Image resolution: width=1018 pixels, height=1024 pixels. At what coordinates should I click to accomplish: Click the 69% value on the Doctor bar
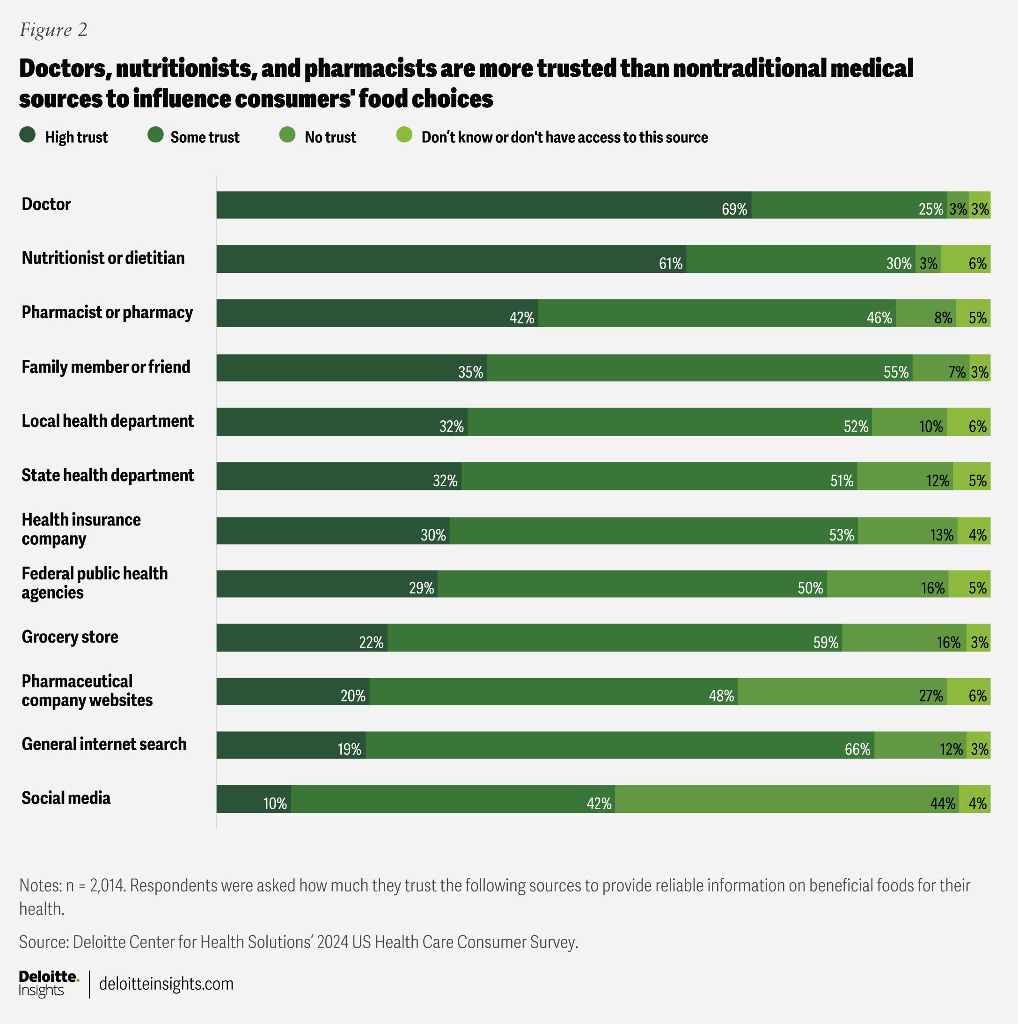(x=734, y=209)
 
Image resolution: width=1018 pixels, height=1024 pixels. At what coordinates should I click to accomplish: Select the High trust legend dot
(x=28, y=136)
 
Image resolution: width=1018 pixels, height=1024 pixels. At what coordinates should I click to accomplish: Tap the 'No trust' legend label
(x=330, y=137)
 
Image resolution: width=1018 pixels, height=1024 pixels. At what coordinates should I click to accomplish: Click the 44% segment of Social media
(x=787, y=799)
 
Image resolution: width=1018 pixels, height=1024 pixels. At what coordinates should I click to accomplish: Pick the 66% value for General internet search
(x=857, y=749)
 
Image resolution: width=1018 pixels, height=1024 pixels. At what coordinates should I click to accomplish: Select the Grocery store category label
(x=70, y=636)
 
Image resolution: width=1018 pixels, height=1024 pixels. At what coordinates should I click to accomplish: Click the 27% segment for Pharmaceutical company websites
(x=842, y=692)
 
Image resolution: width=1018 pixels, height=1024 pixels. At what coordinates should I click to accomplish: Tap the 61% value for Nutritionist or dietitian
(x=670, y=263)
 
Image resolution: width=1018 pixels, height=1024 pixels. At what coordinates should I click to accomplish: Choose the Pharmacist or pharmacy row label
(x=107, y=312)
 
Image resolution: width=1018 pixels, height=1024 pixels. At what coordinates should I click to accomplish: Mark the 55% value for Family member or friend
(x=895, y=372)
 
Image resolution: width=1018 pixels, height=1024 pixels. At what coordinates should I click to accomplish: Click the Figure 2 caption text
(x=53, y=30)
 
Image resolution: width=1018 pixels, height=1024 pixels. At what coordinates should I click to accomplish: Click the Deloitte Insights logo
(x=49, y=984)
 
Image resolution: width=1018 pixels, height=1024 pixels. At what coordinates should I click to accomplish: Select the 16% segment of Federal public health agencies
(x=887, y=584)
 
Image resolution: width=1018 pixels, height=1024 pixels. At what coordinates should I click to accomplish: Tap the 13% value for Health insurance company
(x=941, y=535)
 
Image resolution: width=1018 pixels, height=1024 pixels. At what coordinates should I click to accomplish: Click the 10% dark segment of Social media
(x=254, y=799)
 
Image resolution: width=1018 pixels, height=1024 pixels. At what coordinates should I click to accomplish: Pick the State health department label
(x=108, y=475)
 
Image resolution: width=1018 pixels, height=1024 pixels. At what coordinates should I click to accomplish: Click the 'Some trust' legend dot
(x=155, y=136)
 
